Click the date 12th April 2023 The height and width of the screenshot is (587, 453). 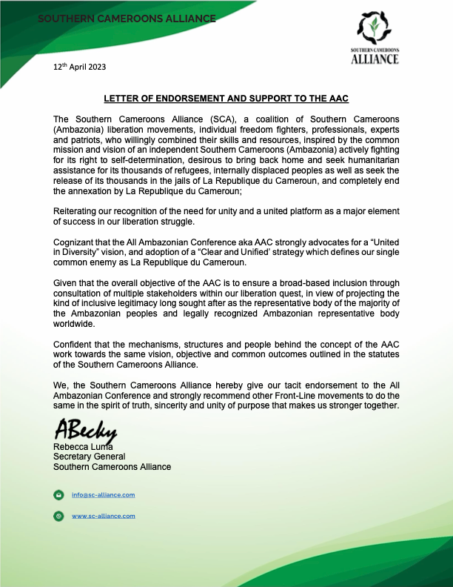click(x=79, y=67)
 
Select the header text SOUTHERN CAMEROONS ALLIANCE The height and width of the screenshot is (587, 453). click(x=127, y=18)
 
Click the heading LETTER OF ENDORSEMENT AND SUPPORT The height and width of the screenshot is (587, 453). click(x=226, y=99)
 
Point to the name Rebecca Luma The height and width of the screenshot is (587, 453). click(x=81, y=447)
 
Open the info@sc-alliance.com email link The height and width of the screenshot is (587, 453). click(x=103, y=494)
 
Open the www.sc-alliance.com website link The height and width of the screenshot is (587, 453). click(x=103, y=515)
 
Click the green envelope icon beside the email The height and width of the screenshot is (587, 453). click(x=58, y=494)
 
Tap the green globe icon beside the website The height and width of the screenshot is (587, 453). click(x=58, y=515)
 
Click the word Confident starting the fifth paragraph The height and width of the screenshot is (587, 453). click(x=76, y=346)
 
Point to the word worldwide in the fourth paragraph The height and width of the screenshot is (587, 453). click(x=75, y=325)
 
